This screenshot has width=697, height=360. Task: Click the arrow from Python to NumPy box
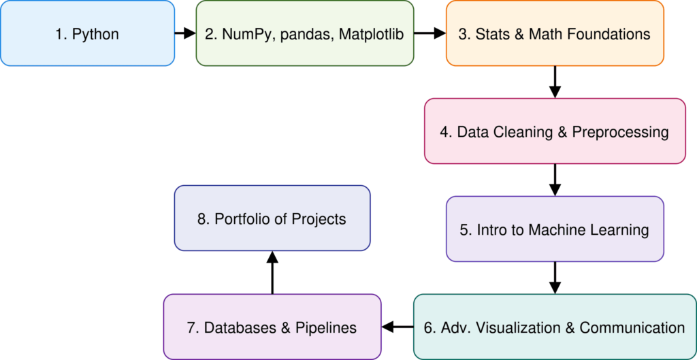[185, 33]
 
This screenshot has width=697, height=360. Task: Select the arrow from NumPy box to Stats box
[429, 33]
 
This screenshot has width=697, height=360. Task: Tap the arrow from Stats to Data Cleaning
[555, 82]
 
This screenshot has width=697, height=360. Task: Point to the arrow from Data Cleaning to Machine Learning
[555, 180]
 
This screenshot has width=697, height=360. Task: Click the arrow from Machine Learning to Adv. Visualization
[555, 278]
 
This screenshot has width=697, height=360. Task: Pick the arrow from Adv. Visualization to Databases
[398, 327]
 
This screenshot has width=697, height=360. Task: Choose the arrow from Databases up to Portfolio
[272, 272]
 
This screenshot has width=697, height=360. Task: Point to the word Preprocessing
[620, 132]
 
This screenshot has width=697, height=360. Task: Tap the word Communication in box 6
[632, 328]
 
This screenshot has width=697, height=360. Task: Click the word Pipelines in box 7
[327, 328]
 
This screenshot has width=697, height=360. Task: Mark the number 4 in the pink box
[444, 132]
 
